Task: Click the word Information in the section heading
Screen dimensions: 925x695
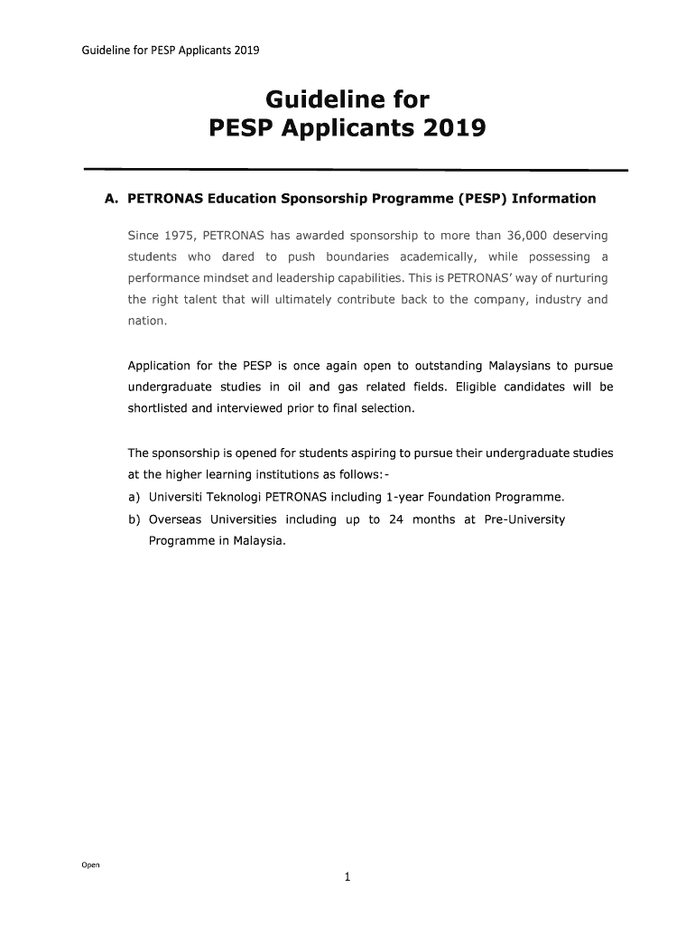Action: pos(554,199)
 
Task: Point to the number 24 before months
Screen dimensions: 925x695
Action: pos(395,519)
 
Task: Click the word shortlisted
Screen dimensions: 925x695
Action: pos(158,408)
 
